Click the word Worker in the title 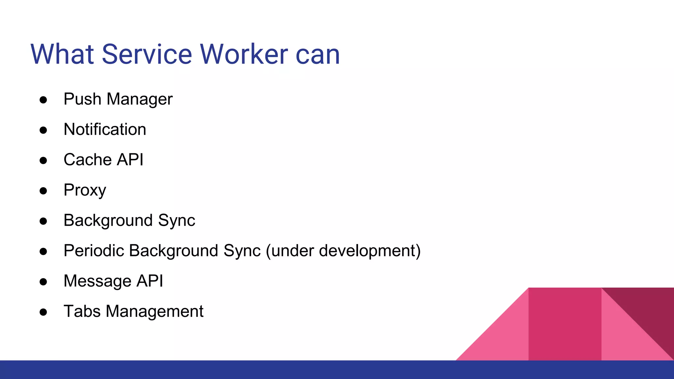tap(244, 54)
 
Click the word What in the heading tap(62, 54)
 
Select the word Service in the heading tap(146, 54)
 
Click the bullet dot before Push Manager tap(43, 100)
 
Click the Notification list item tap(105, 129)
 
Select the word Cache tap(88, 160)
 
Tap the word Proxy tap(85, 190)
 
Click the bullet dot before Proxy tap(43, 191)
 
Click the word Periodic tap(93, 251)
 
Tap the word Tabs tap(82, 311)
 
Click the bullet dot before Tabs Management tap(43, 312)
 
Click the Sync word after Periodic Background tap(242, 251)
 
